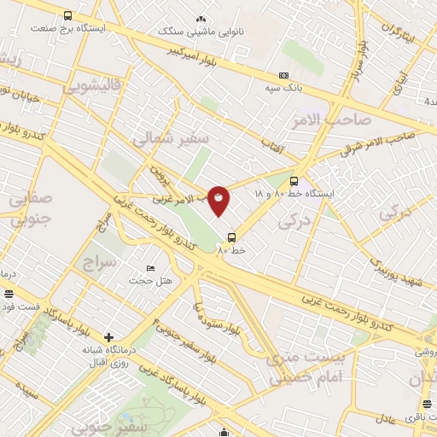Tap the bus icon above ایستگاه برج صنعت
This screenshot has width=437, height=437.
pos(68,15)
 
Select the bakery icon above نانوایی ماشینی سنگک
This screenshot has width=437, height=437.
pos(201,18)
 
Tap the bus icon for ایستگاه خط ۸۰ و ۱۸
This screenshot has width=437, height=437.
pos(294,181)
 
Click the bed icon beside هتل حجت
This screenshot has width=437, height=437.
pos(151,269)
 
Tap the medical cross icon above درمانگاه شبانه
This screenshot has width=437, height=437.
pos(108,336)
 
